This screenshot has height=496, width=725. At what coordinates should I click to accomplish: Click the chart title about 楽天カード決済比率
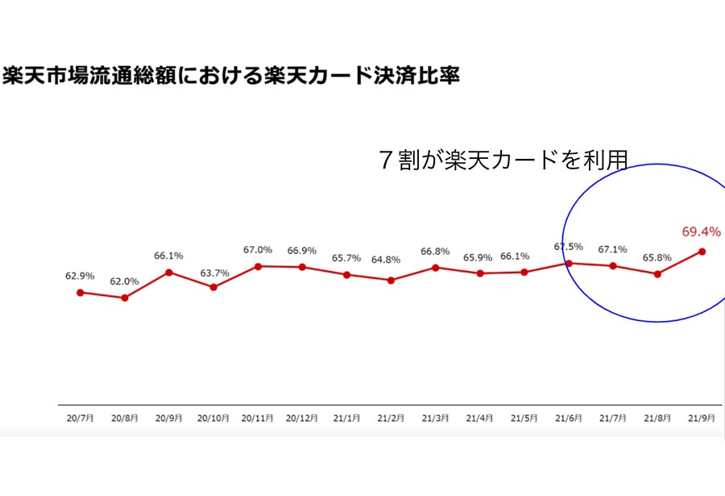(230, 76)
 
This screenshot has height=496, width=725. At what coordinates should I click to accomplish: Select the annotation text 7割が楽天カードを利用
(503, 160)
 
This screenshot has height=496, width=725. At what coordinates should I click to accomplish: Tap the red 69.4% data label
(701, 231)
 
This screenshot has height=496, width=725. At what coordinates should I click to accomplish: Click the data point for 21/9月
(702, 252)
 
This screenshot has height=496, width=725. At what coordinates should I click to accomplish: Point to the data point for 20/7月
(81, 293)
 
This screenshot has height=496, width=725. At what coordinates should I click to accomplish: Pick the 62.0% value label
(124, 281)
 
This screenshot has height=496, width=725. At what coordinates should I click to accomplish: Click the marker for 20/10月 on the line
(213, 287)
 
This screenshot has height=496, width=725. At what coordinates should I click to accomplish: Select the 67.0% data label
(258, 250)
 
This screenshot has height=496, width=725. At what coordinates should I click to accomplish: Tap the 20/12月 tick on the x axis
(301, 419)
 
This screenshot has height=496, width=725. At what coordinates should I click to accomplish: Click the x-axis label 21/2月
(391, 419)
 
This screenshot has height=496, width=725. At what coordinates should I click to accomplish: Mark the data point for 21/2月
(391, 280)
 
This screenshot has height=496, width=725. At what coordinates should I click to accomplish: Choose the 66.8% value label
(435, 251)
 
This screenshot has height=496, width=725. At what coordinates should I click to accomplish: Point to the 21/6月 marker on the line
(570, 264)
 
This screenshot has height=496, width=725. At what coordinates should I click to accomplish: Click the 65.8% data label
(657, 257)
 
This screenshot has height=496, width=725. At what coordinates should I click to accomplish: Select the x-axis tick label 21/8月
(657, 419)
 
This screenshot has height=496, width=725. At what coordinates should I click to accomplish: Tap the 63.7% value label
(214, 273)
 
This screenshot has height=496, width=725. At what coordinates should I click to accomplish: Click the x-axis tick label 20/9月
(169, 419)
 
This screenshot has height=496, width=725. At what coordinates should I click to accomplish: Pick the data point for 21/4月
(480, 273)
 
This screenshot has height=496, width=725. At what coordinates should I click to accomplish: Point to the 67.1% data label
(613, 250)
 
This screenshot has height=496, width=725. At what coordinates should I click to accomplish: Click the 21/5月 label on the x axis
(524, 419)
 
